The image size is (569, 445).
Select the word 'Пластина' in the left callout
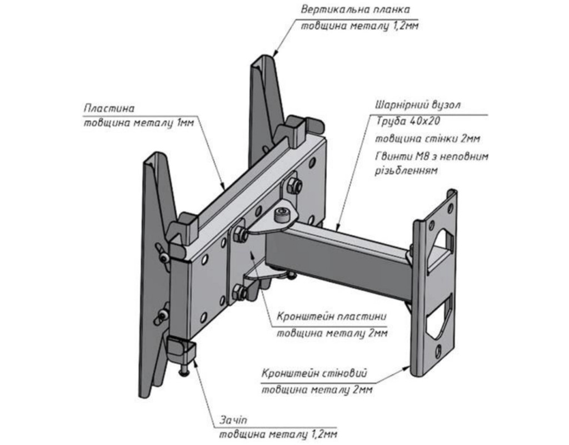109,108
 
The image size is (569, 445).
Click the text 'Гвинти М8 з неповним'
432,156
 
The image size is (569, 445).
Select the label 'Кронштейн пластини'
331,317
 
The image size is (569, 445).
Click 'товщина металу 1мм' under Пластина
138,123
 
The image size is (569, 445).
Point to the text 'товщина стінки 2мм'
427,139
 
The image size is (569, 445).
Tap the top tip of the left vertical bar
153,158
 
